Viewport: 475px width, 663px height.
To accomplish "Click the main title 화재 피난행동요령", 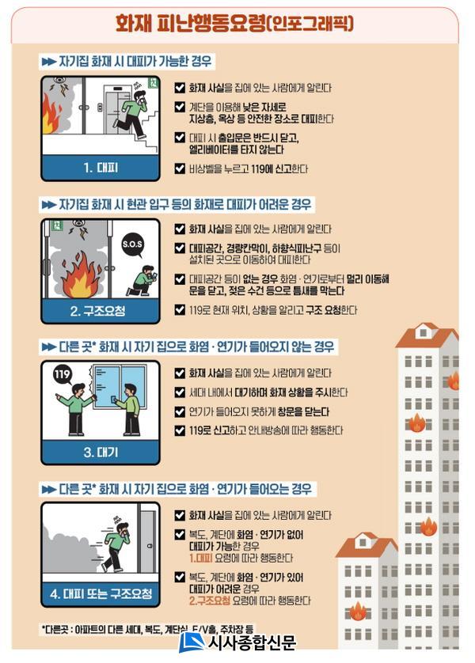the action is tap(190, 23).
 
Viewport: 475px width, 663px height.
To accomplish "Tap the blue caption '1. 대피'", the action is tap(101, 168).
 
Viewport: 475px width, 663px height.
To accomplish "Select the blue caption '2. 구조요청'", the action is tap(97, 311).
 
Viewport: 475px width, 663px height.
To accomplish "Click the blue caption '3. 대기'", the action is tap(101, 453).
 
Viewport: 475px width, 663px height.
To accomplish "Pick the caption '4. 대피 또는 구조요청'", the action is tap(101, 593).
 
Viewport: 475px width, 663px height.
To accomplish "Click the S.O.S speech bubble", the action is tap(132, 245).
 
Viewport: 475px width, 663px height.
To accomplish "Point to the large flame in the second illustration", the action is tap(81, 275).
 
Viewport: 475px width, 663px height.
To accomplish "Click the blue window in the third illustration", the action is tap(120, 387).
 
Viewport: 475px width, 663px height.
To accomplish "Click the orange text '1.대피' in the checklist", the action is tap(201, 558).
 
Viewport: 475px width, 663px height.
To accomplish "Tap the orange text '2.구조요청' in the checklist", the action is tap(210, 600).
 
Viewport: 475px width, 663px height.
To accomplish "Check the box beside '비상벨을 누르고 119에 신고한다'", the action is tap(180, 169).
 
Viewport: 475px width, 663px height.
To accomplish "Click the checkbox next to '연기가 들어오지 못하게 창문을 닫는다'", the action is tap(180, 411).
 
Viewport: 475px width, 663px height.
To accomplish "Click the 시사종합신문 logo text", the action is tap(252, 642).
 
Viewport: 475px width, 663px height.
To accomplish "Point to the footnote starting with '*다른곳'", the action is tap(147, 629).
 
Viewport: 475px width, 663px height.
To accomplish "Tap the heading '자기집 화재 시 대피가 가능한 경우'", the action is tap(135, 62).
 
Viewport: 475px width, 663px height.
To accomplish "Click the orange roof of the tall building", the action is tap(427, 336).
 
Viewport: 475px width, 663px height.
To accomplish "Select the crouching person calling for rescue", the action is tap(143, 281).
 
